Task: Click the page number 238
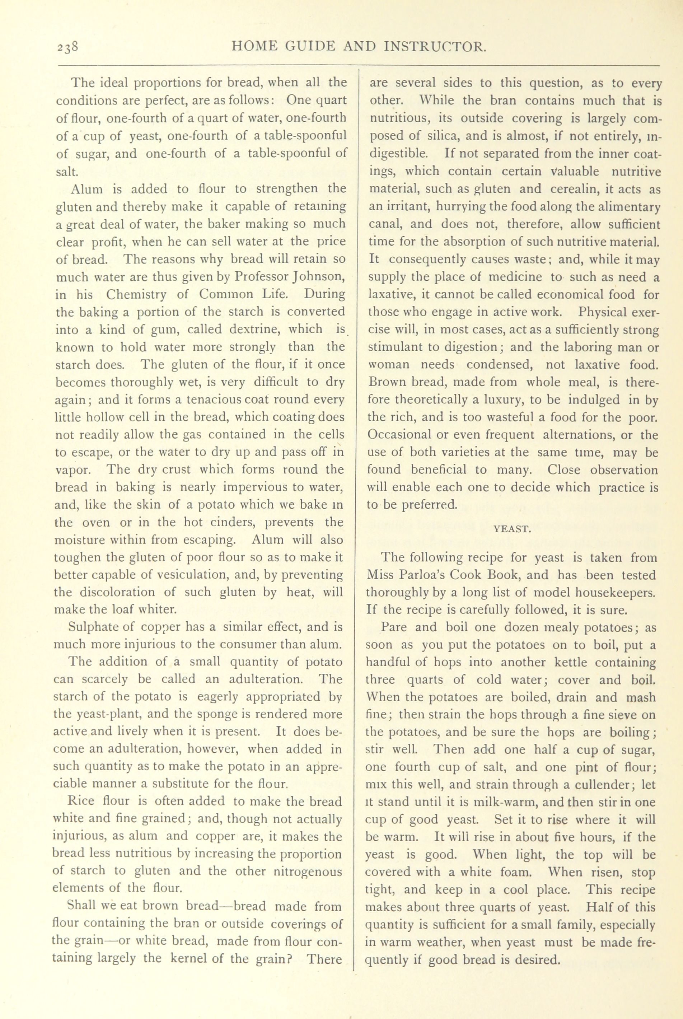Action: click(x=67, y=47)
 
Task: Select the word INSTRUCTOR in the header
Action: click(x=436, y=46)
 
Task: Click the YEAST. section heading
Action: click(x=512, y=529)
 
